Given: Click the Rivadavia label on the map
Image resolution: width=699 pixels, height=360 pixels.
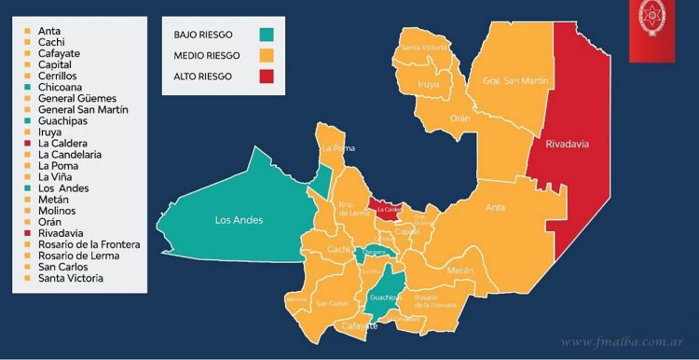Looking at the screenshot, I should (x=570, y=144).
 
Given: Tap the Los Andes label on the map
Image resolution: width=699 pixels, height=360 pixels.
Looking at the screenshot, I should (x=239, y=220).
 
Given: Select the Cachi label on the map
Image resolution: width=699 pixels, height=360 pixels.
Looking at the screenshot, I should (x=337, y=251).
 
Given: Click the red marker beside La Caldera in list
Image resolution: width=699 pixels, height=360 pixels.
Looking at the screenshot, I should (x=29, y=143).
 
